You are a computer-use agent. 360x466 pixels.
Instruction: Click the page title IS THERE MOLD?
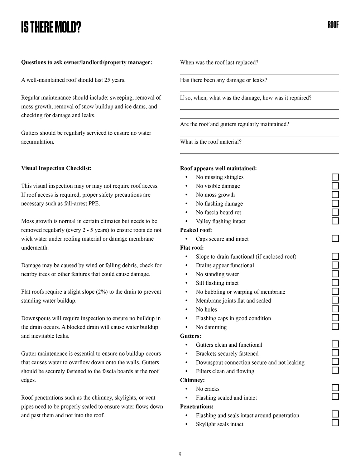[x=51, y=27]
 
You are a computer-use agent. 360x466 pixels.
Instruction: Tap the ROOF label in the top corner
[x=333, y=25]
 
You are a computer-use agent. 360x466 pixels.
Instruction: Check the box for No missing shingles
[x=335, y=177]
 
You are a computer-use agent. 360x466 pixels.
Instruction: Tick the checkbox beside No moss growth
[x=335, y=194]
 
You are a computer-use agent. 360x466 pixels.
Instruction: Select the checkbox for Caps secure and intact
[x=335, y=239]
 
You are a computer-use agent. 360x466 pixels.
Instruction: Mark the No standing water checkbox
[x=335, y=274]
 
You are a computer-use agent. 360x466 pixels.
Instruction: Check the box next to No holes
[x=335, y=309]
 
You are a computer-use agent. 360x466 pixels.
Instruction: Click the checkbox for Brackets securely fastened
[x=335, y=353]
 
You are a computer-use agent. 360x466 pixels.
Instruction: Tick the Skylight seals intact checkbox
[x=335, y=423]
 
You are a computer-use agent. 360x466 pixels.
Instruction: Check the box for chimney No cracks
[x=335, y=388]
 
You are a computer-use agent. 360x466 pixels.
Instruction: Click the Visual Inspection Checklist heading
[x=56, y=168]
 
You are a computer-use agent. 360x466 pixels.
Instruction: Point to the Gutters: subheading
[x=191, y=336]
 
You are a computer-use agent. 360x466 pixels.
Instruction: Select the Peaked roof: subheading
[x=196, y=230]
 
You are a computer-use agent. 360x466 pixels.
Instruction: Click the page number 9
[x=180, y=455]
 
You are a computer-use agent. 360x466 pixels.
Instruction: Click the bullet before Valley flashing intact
[x=187, y=222]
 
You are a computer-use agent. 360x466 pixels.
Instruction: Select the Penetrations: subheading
[x=197, y=407]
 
